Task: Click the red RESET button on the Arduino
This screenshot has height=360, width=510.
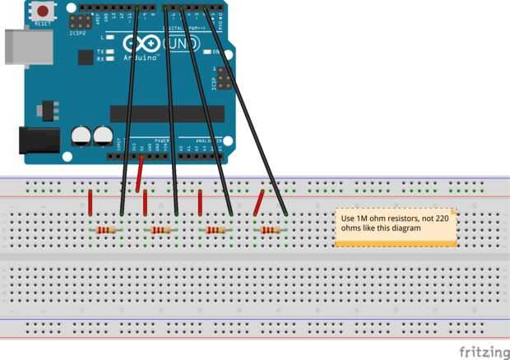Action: tap(42, 12)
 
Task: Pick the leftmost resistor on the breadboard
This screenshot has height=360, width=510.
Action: tap(105, 231)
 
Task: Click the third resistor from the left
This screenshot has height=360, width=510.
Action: tap(216, 231)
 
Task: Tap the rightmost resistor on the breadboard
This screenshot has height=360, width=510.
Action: tap(271, 231)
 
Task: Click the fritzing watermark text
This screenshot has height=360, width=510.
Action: tap(483, 351)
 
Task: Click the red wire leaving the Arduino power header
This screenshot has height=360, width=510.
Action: tap(141, 173)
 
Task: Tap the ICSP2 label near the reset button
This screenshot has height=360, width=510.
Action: tap(78, 34)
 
